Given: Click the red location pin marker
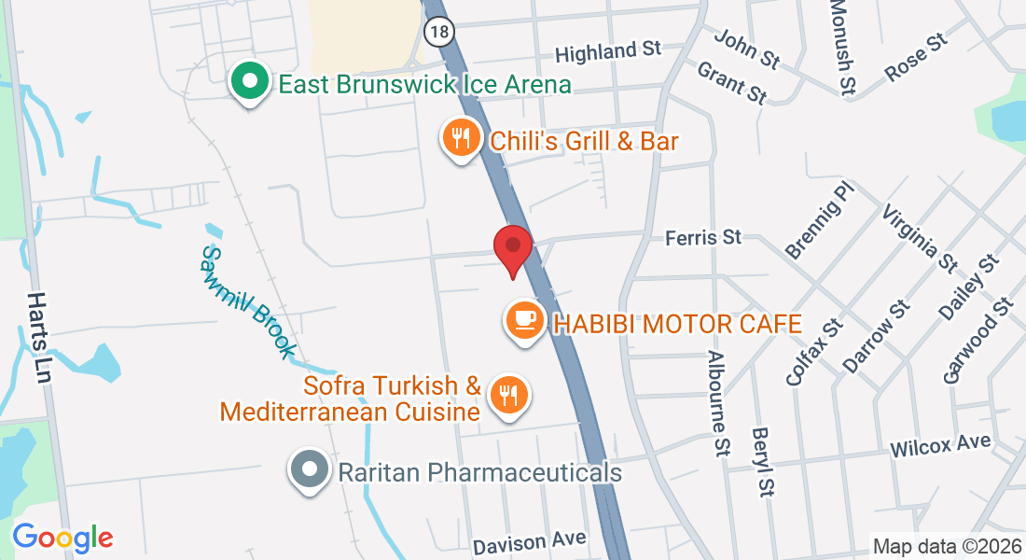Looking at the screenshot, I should (512, 247).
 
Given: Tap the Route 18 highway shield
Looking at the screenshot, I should (438, 31).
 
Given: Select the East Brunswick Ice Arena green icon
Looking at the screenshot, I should (249, 82).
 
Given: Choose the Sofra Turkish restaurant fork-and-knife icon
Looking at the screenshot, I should (508, 395).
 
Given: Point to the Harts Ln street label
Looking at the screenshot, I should (39, 337).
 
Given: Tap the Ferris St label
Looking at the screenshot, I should (703, 238).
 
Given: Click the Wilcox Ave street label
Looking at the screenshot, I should (940, 446).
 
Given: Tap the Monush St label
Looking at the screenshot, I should (842, 48).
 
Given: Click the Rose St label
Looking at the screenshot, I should (916, 57).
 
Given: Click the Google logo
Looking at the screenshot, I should (62, 537).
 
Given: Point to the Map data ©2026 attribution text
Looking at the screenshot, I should (946, 546).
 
